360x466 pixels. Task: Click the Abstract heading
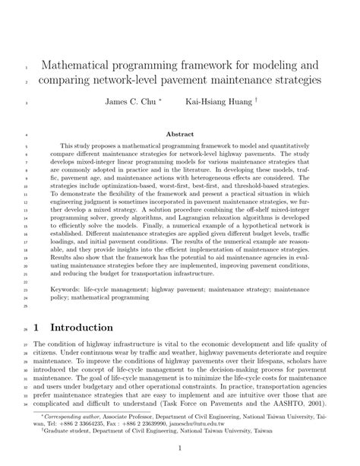click(x=181, y=133)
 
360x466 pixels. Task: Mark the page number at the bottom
click(x=180, y=448)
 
